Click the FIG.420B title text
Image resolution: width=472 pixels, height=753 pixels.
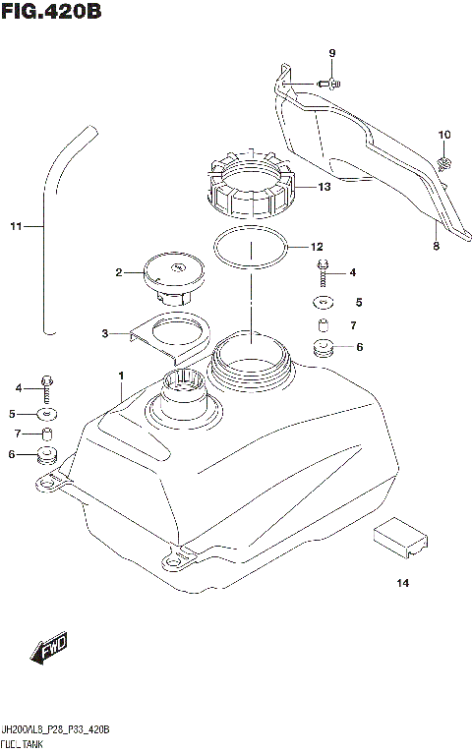point(51,13)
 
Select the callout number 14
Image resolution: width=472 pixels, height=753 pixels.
point(402,584)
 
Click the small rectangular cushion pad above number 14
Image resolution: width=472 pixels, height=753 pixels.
point(399,534)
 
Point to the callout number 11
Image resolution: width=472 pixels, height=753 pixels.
point(15,228)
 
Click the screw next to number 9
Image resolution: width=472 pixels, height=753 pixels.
point(328,85)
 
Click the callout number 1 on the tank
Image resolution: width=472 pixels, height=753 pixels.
point(121,376)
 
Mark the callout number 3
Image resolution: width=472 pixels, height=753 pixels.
point(105,334)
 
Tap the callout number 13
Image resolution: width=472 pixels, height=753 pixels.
point(324,185)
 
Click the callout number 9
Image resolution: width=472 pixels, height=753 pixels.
point(332,52)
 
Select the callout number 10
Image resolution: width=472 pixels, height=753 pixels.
point(443,135)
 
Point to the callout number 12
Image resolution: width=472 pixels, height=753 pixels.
point(317,247)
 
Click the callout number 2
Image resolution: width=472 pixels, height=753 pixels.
point(118,272)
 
